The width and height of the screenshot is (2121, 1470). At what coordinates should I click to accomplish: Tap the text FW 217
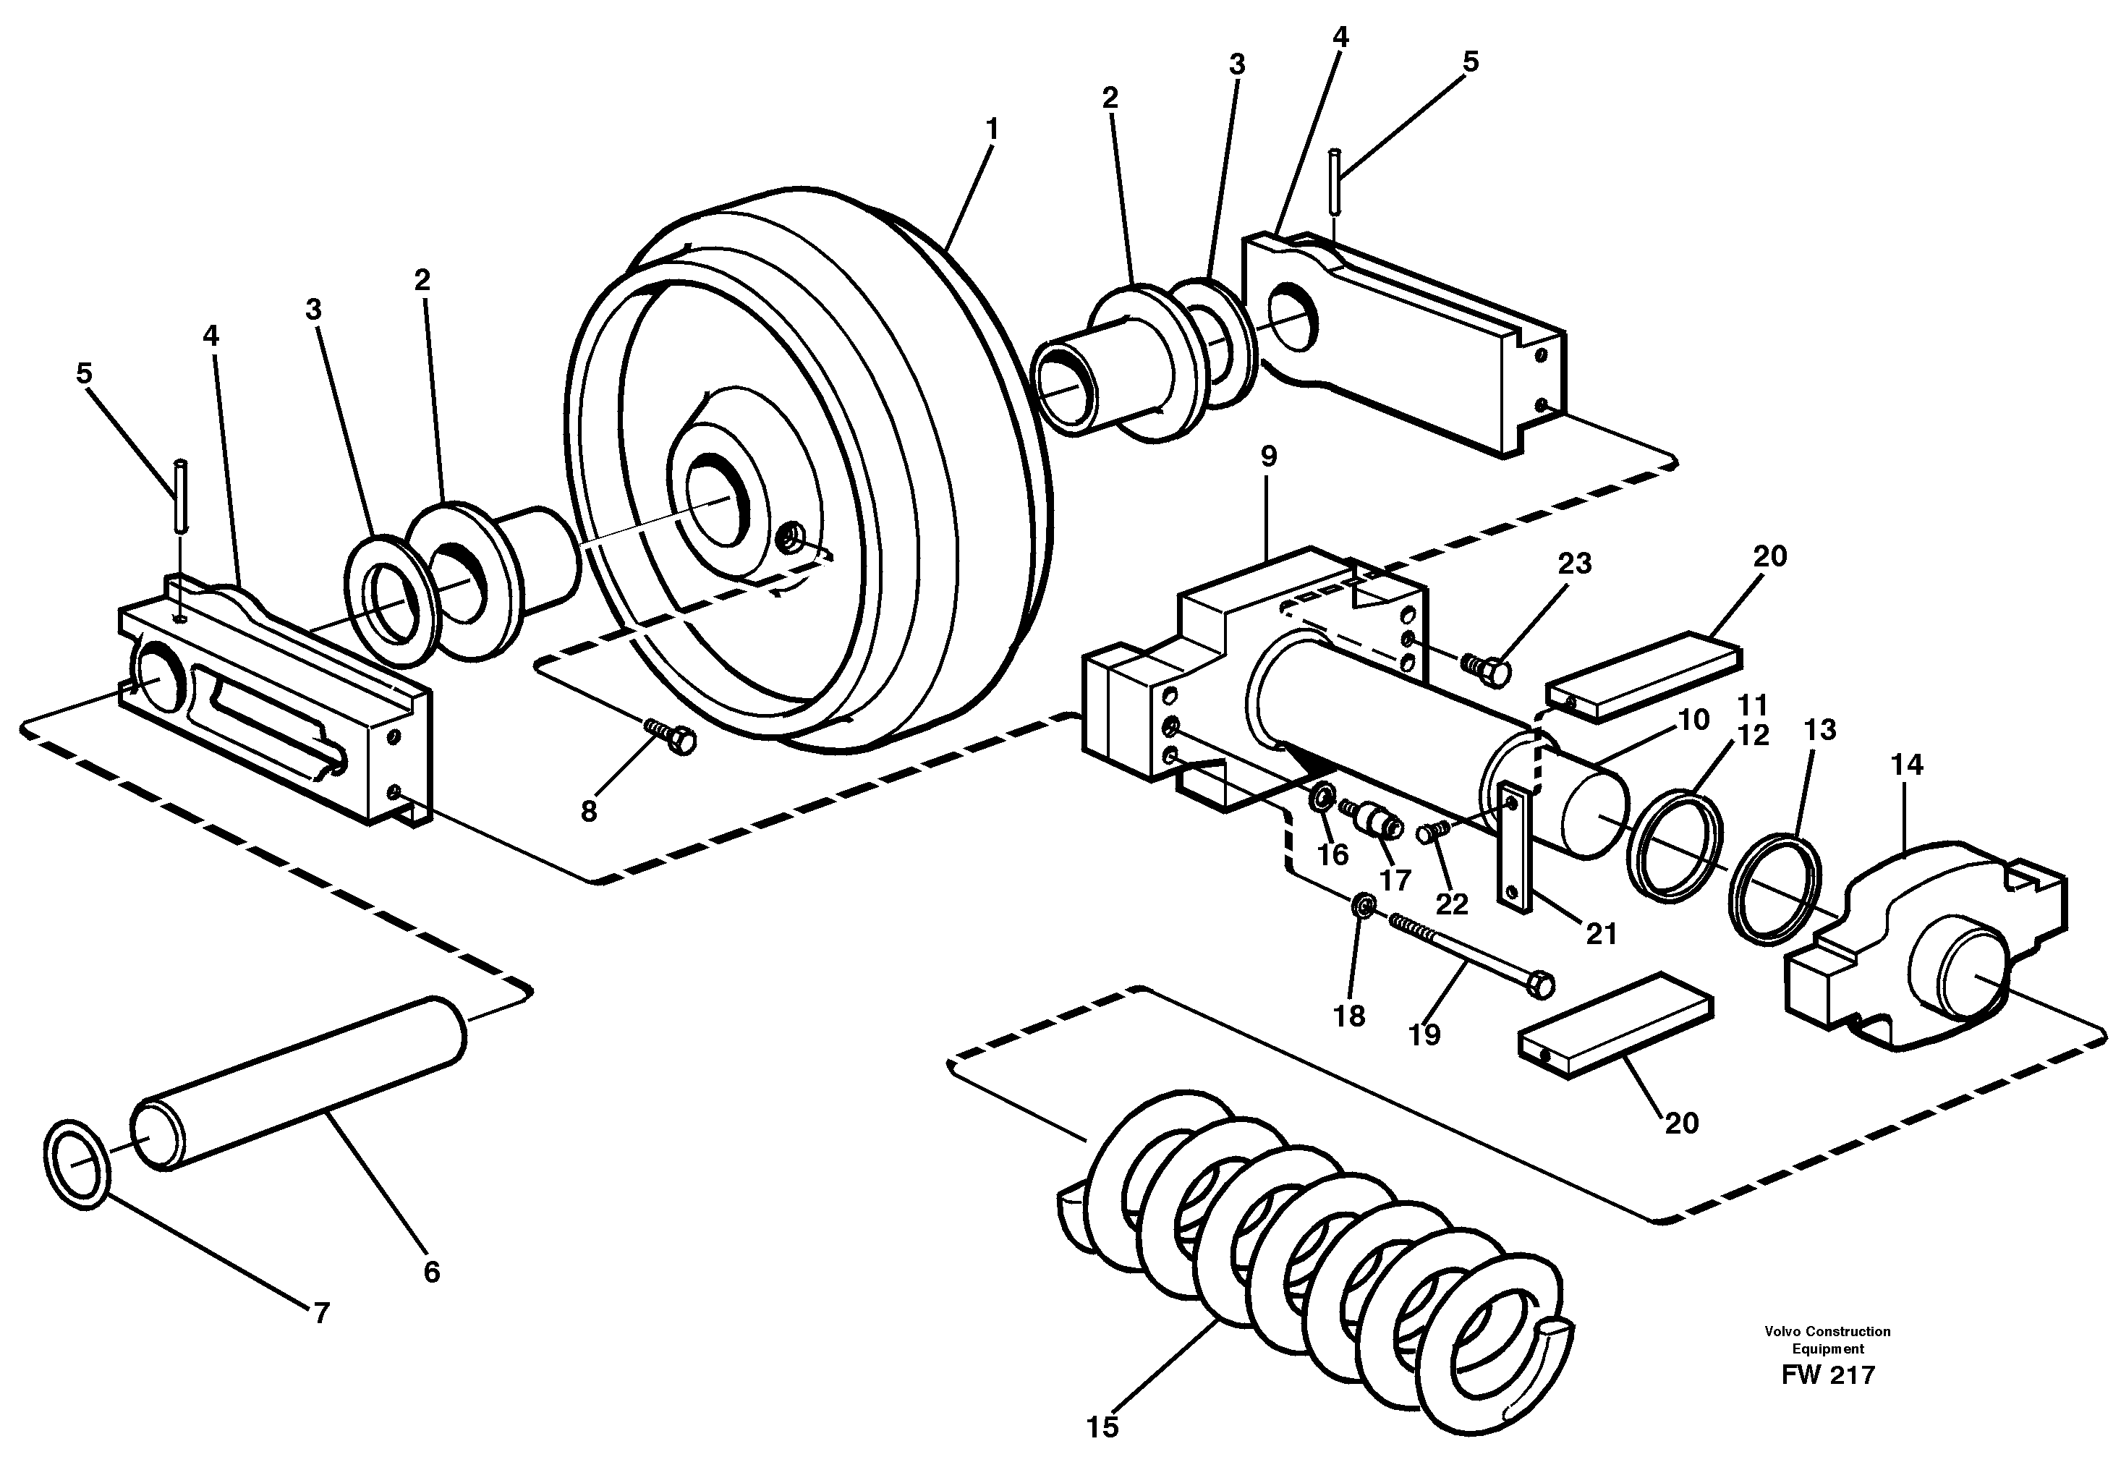point(1827,1375)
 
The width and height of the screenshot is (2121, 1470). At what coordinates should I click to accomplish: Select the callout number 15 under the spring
point(1102,1427)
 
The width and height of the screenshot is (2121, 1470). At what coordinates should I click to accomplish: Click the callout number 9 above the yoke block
point(1268,456)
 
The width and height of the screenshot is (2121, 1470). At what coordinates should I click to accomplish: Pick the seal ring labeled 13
point(1774,890)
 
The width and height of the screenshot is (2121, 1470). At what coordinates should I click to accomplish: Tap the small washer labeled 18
point(1364,907)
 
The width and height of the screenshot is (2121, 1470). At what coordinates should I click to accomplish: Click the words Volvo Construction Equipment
point(1827,1340)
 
